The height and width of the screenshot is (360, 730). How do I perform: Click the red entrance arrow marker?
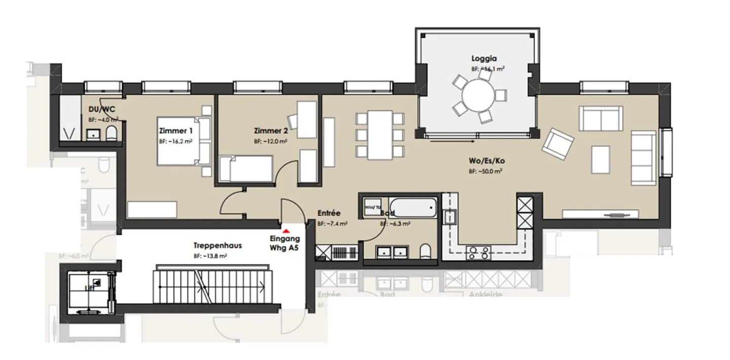pos(285,231)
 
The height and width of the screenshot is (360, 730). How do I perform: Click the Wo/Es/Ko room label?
pos(487,161)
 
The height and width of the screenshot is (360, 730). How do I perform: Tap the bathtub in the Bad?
pos(413,208)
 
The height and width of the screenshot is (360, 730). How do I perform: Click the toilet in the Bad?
pos(426,251)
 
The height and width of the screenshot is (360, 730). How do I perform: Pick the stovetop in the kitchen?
pos(478,252)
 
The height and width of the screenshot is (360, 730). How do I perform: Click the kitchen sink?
pos(449,217)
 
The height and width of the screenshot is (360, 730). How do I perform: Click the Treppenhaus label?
pos(210,246)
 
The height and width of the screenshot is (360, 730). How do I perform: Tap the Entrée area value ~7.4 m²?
pos(332,223)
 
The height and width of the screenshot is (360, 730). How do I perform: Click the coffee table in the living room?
pos(601,159)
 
